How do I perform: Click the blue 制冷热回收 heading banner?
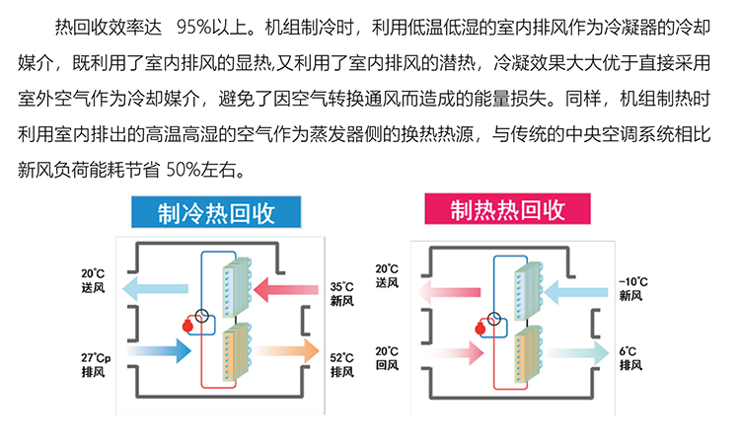(x=216, y=212)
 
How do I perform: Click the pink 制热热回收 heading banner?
(x=507, y=210)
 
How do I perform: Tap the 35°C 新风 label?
(x=342, y=291)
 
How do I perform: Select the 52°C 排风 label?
(x=342, y=363)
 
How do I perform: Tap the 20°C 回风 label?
(x=387, y=357)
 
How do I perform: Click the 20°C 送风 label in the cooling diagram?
(x=94, y=278)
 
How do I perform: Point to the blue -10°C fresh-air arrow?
(x=578, y=290)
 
